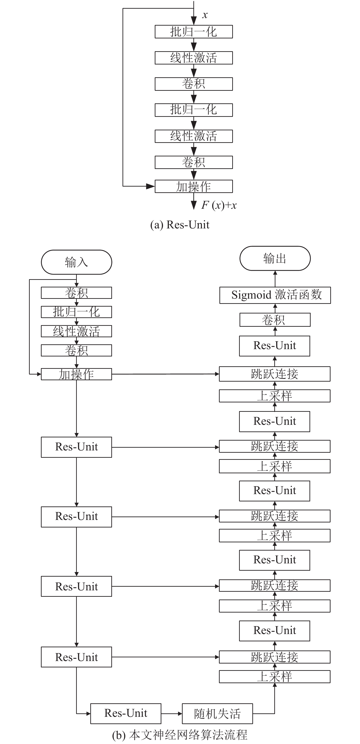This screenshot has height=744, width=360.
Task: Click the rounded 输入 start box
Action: (x=77, y=262)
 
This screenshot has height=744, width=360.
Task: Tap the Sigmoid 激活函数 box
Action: (x=275, y=295)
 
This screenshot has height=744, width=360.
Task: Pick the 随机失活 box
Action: (x=217, y=713)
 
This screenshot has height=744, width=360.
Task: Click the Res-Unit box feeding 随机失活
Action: (x=126, y=713)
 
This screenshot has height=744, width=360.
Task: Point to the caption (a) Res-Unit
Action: (x=180, y=225)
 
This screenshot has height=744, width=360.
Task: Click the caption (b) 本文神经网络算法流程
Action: (x=180, y=735)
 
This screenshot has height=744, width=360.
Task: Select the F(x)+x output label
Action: (x=219, y=205)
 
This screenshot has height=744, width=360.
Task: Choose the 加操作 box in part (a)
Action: (x=194, y=186)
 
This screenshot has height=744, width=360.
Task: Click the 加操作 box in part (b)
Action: (x=77, y=374)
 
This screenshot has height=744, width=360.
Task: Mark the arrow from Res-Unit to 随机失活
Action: (x=171, y=714)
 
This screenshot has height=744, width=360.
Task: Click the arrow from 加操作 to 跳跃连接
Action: (x=165, y=374)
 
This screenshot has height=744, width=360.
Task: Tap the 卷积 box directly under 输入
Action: (x=77, y=293)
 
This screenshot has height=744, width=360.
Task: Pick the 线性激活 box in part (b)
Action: (x=77, y=331)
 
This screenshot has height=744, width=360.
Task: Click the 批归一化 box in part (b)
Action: (x=77, y=312)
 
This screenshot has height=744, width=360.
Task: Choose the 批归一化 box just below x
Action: (x=194, y=32)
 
